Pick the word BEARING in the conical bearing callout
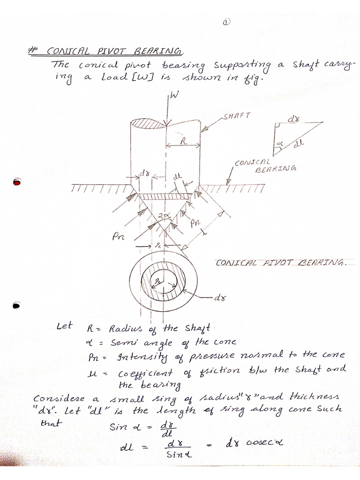coord(271,170)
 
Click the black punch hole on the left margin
coord(17,305)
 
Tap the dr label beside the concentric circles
coord(220,298)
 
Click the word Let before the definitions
coord(64,326)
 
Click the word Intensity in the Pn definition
coord(129,358)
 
